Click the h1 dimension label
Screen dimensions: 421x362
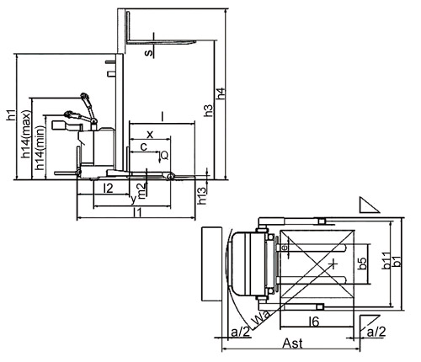(x=11, y=115)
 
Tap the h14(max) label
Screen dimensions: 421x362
(x=26, y=134)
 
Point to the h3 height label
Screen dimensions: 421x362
(x=208, y=110)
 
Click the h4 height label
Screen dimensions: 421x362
(x=221, y=93)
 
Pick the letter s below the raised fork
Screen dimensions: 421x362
(x=149, y=52)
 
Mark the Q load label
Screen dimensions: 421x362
(x=165, y=155)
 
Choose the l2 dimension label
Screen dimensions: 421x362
(x=109, y=189)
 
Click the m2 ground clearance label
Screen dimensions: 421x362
(x=141, y=191)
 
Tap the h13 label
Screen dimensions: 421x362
(x=202, y=195)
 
